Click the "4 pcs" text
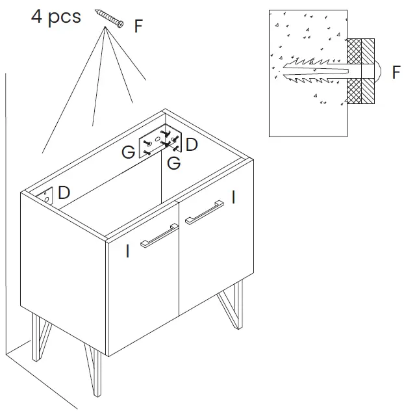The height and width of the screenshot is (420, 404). point(56,16)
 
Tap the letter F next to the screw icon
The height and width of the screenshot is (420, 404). point(138,27)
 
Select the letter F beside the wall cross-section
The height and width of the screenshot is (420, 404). point(396,72)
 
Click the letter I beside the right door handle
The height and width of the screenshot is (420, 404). point(233,197)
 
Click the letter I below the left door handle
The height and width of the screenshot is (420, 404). point(127,251)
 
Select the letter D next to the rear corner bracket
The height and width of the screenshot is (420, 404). point(192,144)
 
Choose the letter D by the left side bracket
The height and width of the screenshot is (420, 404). point(64,192)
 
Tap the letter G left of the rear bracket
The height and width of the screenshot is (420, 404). point(129,153)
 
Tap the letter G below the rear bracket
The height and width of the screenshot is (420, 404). point(174,163)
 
